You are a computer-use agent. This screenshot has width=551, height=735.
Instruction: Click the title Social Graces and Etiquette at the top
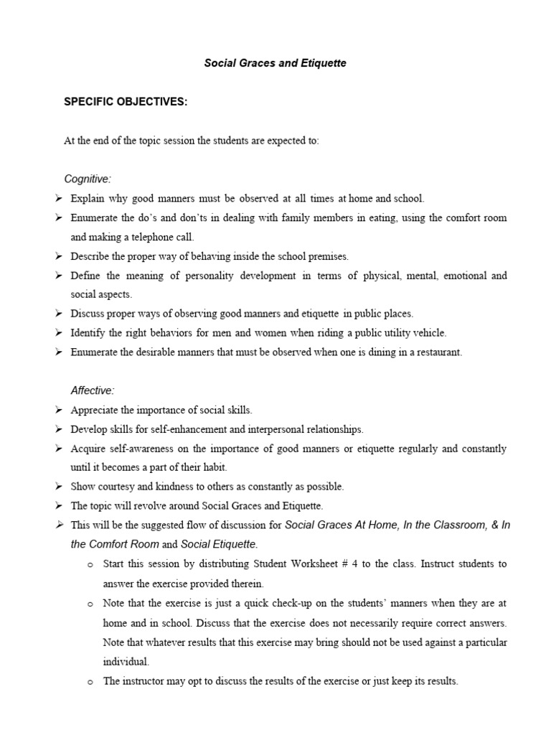point(275,63)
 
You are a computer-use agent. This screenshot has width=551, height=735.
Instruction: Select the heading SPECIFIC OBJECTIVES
point(126,102)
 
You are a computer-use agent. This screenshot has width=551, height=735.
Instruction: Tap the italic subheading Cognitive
point(88,178)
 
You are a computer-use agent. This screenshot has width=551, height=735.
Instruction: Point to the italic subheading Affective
point(93,390)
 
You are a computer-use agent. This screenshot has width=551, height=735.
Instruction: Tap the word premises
point(309,256)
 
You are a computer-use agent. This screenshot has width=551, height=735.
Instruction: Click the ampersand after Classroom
point(493,525)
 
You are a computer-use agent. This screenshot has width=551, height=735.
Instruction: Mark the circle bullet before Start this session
point(90,565)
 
